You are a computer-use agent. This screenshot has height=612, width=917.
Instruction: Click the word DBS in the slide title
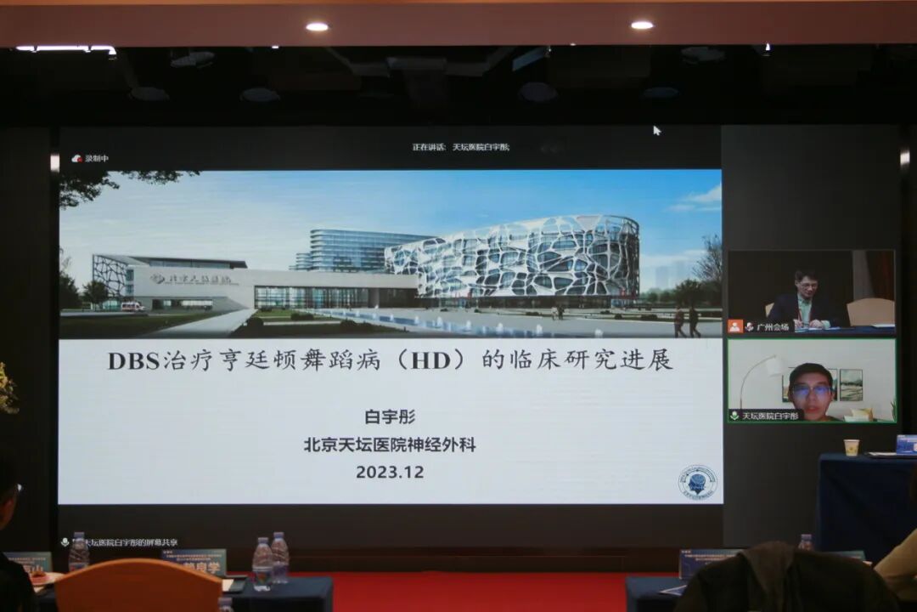coord(134,360)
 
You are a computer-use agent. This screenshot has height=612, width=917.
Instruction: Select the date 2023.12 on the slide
coord(390,472)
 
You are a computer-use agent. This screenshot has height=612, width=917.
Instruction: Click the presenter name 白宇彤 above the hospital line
coord(390,416)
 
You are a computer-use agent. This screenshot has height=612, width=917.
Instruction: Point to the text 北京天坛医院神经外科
coord(390,445)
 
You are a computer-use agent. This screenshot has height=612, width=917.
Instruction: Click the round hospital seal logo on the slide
coord(697,482)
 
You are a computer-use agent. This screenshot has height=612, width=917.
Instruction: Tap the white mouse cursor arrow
coord(656,130)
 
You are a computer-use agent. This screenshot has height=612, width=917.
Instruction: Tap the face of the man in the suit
coord(804,286)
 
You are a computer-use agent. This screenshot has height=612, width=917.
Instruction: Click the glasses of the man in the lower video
coord(811,390)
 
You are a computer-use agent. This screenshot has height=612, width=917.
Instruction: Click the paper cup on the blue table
coord(851,447)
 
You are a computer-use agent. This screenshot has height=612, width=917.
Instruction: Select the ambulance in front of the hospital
coord(132,307)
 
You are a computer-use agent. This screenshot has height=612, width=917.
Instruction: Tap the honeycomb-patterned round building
coord(518,258)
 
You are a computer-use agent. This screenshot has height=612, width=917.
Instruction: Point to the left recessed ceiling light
coord(317,26)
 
